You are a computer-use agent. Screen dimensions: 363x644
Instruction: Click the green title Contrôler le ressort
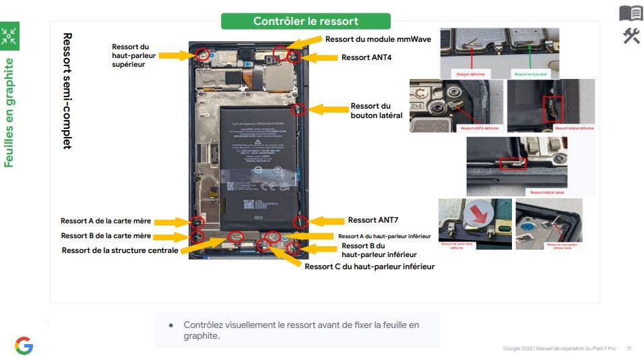[x=305, y=21]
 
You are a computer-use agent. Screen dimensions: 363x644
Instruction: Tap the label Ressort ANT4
[x=366, y=58]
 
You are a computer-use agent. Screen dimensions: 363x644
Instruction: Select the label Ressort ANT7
[x=371, y=220]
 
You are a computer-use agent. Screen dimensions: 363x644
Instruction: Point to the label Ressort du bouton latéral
[x=376, y=111]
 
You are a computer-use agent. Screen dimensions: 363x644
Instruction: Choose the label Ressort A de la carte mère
[x=106, y=221]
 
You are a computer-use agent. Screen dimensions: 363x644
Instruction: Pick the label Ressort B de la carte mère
[x=106, y=236]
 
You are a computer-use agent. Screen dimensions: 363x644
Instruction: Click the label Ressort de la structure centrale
[x=120, y=250]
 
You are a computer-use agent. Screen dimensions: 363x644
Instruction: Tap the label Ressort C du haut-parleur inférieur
[x=369, y=267]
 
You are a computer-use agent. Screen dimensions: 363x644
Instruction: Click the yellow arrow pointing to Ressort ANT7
[x=326, y=221]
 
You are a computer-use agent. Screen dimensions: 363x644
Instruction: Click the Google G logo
[x=24, y=346]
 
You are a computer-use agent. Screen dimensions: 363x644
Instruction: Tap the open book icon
[x=631, y=13]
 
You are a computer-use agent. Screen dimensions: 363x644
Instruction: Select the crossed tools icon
[x=631, y=36]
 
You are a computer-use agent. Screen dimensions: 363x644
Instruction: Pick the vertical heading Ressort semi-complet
[x=67, y=90]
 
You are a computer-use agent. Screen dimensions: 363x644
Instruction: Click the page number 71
[x=629, y=348]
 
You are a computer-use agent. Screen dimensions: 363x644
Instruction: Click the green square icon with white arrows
[x=9, y=37]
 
